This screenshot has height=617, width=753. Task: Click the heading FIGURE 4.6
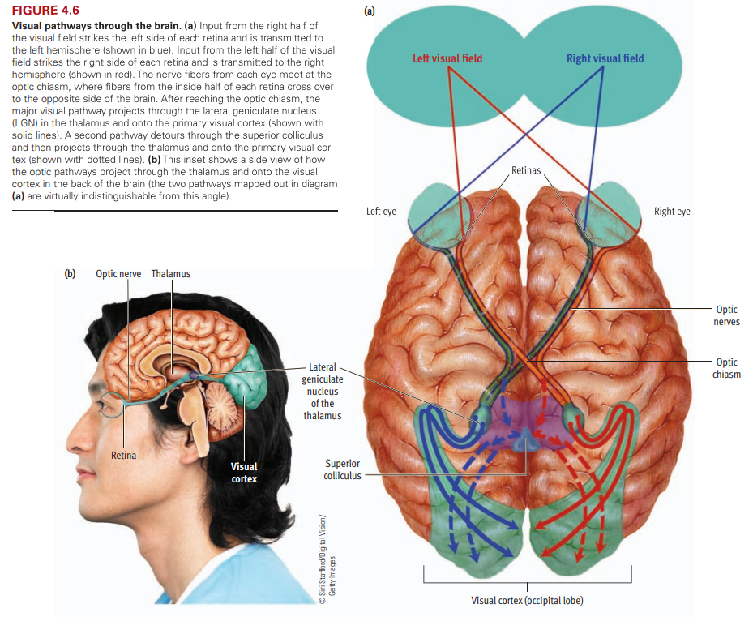[x=45, y=11]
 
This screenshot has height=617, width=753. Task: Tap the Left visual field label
[x=447, y=58]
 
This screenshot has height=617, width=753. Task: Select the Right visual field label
[x=605, y=58]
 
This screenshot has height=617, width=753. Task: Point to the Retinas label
[x=526, y=170]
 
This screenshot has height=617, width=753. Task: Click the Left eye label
[x=381, y=212]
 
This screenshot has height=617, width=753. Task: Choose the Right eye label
[x=672, y=212]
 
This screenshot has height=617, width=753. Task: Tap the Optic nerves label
[x=727, y=315]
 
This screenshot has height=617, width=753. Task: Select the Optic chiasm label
[x=726, y=368]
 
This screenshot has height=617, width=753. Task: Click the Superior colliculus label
[x=342, y=469]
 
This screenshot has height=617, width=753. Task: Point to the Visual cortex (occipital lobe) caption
[x=527, y=601]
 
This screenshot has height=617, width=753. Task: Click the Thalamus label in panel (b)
[x=171, y=274]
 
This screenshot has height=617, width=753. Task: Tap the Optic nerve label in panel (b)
[x=118, y=274]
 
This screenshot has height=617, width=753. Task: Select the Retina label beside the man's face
[x=123, y=455]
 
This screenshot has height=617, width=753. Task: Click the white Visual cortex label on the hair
[x=244, y=472]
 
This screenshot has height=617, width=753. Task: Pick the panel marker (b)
[x=71, y=274]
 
